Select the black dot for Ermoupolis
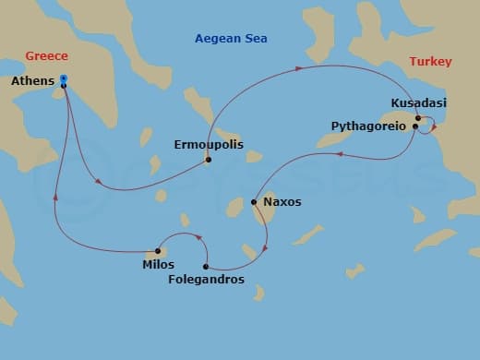click(209, 160)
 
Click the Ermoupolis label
click(210, 145)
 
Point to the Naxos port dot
click(254, 201)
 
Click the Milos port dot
click(158, 251)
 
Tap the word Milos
click(158, 265)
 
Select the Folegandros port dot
click(206, 266)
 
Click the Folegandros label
click(207, 280)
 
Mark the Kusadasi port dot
click(418, 117)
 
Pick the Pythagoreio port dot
click(415, 126)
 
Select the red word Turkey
click(430, 62)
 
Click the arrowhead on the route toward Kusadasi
click(300, 67)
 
